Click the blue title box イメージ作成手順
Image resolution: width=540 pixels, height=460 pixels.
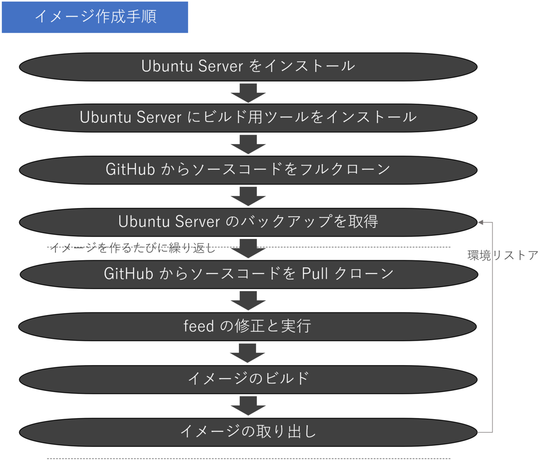(95, 17)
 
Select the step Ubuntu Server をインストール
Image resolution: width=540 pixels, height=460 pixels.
(248, 66)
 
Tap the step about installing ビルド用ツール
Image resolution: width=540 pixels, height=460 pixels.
(248, 117)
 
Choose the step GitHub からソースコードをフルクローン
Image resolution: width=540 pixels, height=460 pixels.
(248, 170)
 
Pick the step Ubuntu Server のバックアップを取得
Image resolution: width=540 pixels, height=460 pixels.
(248, 221)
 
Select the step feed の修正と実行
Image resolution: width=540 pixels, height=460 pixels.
(247, 326)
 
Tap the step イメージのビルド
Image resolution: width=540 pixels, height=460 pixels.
(248, 379)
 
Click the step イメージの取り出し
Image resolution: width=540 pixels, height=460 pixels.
(248, 432)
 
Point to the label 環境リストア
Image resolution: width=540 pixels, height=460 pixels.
(503, 256)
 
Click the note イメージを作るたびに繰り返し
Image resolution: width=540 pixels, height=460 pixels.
(133, 248)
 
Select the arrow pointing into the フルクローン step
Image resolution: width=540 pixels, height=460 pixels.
(248, 144)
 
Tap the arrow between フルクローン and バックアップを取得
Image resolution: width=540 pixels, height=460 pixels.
(248, 196)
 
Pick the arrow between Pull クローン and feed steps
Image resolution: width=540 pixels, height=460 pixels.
(248, 300)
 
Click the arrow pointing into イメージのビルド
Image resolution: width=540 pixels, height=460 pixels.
(248, 353)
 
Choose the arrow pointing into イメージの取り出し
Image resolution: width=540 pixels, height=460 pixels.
(248, 406)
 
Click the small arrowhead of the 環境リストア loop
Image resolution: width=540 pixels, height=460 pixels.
(481, 222)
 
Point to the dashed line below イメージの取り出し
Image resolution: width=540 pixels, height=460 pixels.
(248, 458)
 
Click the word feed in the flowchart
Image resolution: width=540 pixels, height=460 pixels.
(198, 326)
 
